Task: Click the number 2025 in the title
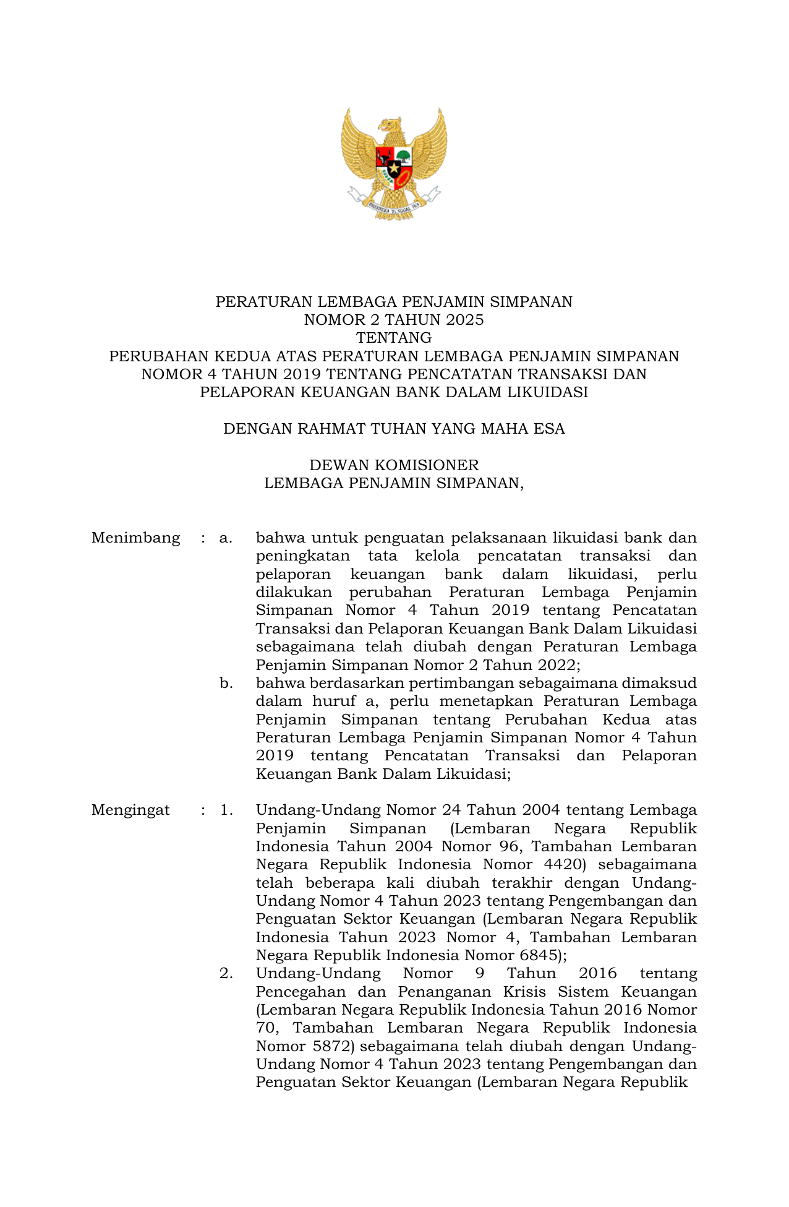tap(464, 320)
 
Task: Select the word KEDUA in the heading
tap(243, 356)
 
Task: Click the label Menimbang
tap(135, 538)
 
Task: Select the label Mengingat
tap(130, 810)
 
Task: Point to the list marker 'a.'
tap(226, 538)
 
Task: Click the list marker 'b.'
tap(226, 683)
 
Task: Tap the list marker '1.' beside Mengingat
tap(226, 810)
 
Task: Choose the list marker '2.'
tap(226, 973)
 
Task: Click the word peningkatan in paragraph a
tap(303, 556)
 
